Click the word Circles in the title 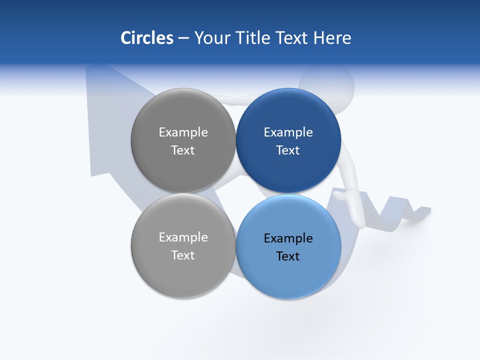click(146, 38)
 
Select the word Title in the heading click(252, 38)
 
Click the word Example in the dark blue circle click(288, 132)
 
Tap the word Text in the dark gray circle click(183, 150)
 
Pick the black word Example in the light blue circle click(288, 238)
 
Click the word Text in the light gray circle click(183, 255)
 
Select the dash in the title click(183, 38)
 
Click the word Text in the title click(292, 38)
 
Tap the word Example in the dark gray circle click(183, 132)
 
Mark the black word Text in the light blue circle click(288, 256)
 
